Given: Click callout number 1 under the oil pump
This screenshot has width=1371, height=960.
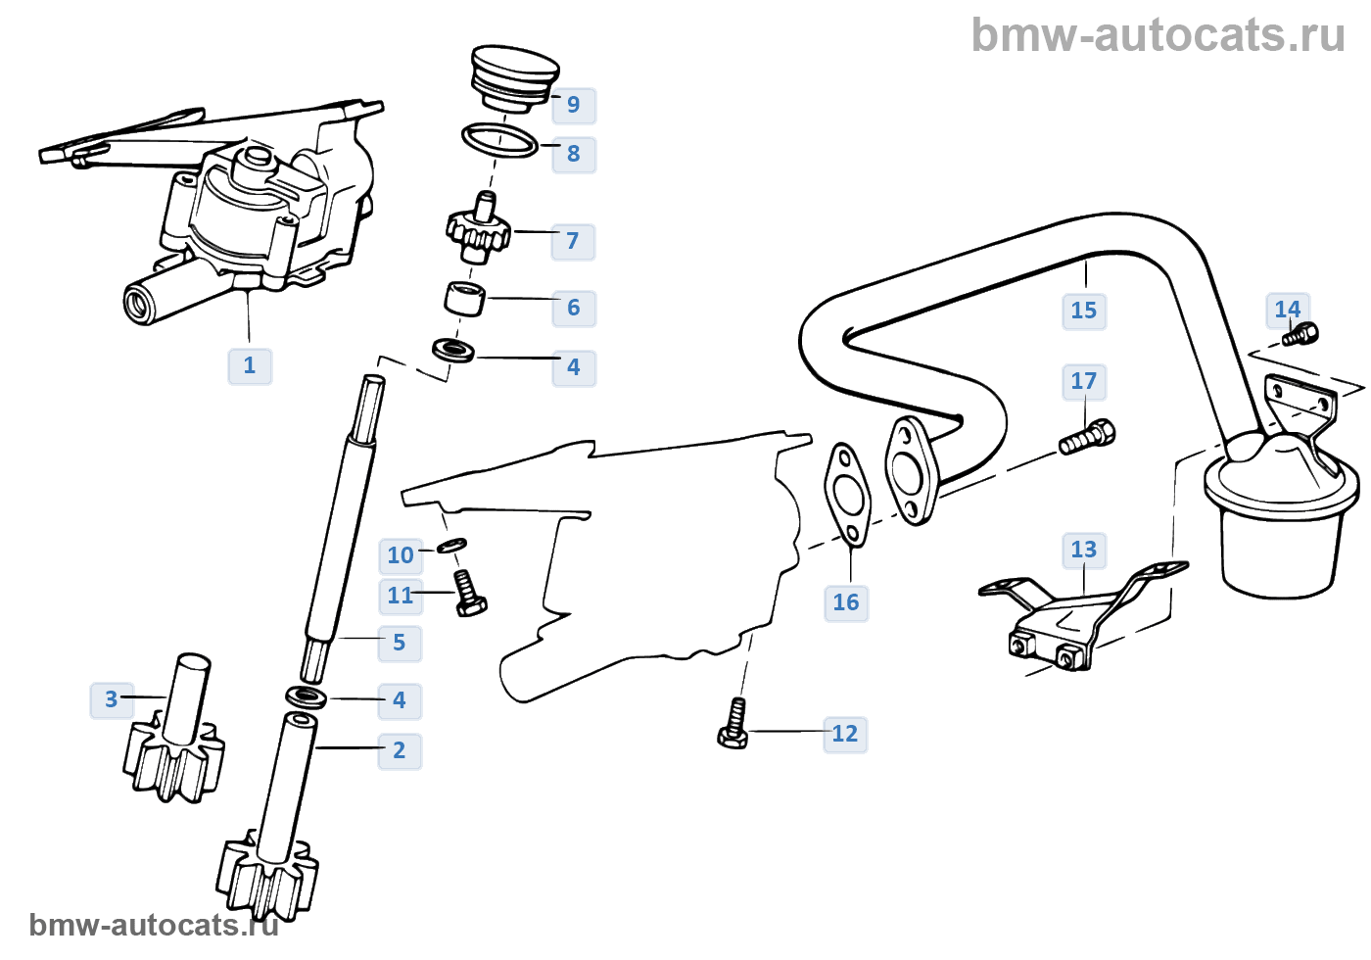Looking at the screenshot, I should tap(250, 365).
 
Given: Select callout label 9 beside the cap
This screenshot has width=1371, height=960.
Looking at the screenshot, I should tap(574, 105).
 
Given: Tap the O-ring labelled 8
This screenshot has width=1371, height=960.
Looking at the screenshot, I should tap(499, 140).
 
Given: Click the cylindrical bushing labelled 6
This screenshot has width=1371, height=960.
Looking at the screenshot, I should tap(465, 299).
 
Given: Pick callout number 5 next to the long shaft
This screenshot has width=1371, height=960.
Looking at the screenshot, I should tap(400, 643).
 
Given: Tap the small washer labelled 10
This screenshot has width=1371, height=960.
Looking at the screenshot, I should tap(451, 545).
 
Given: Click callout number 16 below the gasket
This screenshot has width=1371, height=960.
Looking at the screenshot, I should tap(846, 602).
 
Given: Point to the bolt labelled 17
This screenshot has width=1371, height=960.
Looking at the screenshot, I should tap(1087, 437).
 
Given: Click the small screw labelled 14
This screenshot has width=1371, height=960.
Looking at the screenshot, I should tap(1300, 336).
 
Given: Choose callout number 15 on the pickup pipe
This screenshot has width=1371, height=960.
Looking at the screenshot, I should tap(1084, 311).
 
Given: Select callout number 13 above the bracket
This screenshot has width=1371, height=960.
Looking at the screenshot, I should tap(1084, 550).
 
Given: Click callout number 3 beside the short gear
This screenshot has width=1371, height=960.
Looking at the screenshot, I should tap(111, 699).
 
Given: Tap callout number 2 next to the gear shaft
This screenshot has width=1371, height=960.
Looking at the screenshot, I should tap(400, 750).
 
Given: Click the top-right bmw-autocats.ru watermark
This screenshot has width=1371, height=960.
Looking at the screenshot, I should tap(1158, 35).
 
